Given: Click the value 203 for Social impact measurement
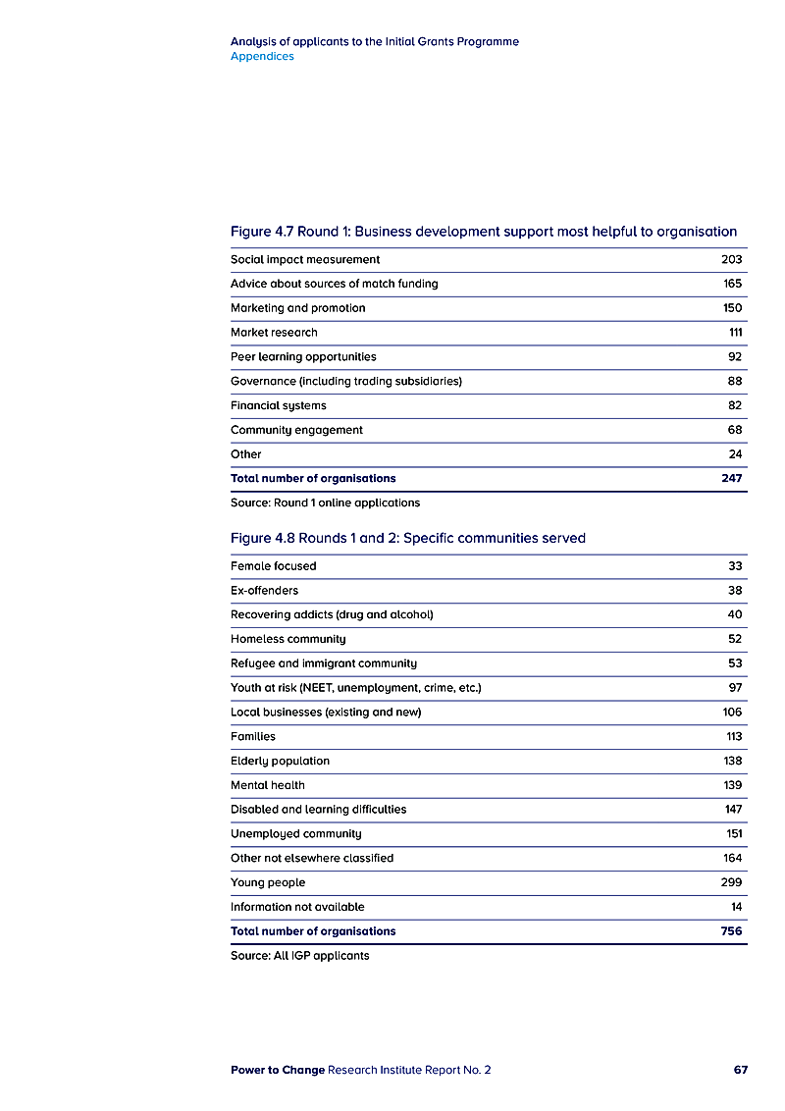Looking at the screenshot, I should click(731, 260).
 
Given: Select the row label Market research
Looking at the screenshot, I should click(274, 333).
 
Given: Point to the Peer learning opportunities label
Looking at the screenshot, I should click(303, 357).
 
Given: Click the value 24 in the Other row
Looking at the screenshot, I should click(735, 454).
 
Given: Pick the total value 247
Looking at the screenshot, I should click(731, 479).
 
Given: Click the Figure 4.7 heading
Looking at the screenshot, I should click(483, 232).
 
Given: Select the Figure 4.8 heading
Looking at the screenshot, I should click(407, 538).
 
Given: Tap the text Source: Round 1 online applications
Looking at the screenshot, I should click(325, 503).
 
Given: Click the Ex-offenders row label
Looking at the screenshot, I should click(264, 591).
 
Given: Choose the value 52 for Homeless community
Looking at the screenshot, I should click(735, 639).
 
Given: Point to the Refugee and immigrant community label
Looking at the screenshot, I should click(323, 663).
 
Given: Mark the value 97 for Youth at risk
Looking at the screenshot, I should click(735, 688).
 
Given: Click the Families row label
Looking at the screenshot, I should click(253, 737).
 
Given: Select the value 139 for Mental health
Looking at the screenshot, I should click(733, 785).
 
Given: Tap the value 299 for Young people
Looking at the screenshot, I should click(731, 882).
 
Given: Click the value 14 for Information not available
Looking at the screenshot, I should click(736, 907).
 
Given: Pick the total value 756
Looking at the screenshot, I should click(731, 931).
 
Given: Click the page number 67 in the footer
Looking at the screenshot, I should click(740, 1070).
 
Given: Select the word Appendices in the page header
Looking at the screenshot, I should click(262, 57).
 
